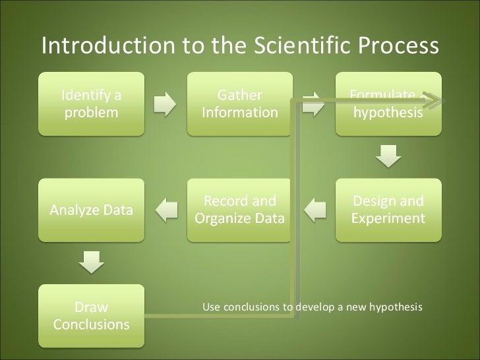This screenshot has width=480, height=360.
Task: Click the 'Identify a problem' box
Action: pyautogui.click(x=92, y=104)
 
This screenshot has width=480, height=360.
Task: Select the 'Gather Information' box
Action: pyautogui.click(x=240, y=104)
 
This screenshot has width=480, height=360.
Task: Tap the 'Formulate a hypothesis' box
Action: pyautogui.click(x=388, y=104)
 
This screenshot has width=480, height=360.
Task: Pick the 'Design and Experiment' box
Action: pyautogui.click(x=388, y=209)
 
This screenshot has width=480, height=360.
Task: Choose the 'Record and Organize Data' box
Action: pyautogui.click(x=240, y=209)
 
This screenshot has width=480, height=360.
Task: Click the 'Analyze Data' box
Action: pyautogui.click(x=92, y=210)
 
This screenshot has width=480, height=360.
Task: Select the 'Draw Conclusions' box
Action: pyautogui.click(x=92, y=316)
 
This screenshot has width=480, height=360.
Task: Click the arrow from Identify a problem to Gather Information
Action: pyautogui.click(x=165, y=104)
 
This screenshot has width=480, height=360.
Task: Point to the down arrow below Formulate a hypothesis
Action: pyautogui.click(x=388, y=157)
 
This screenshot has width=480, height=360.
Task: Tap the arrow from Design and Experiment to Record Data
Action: pyautogui.click(x=315, y=210)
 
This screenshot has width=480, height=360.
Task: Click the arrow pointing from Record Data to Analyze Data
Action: pyautogui.click(x=166, y=210)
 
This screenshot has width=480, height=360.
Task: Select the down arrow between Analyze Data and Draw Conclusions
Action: pyautogui.click(x=92, y=263)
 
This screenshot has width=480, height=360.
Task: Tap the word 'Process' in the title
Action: pyautogui.click(x=399, y=45)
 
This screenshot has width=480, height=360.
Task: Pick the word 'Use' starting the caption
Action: pyautogui.click(x=210, y=307)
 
